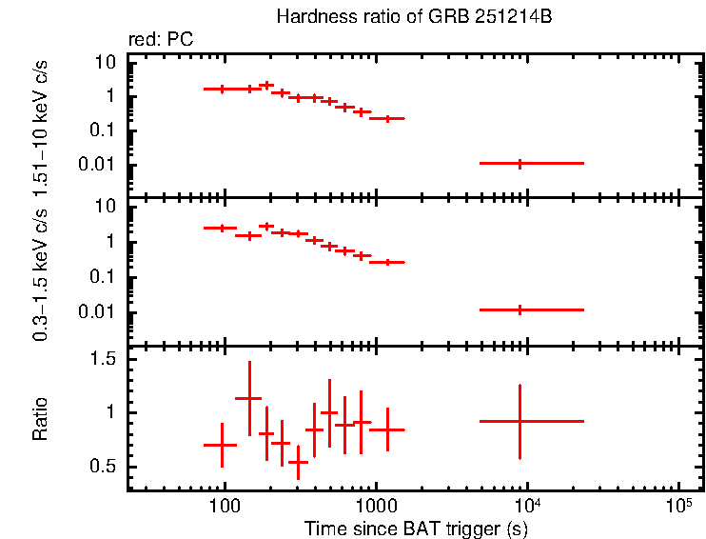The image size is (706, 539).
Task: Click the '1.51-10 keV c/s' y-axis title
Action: tap(40, 133)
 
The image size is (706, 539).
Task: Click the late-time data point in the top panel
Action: tap(520, 164)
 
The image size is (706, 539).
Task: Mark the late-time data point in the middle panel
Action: tap(520, 309)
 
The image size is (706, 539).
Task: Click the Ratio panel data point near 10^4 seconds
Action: tap(520, 421)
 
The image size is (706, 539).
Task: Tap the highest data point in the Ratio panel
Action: tap(249, 399)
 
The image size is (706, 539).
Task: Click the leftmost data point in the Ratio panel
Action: tap(222, 445)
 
